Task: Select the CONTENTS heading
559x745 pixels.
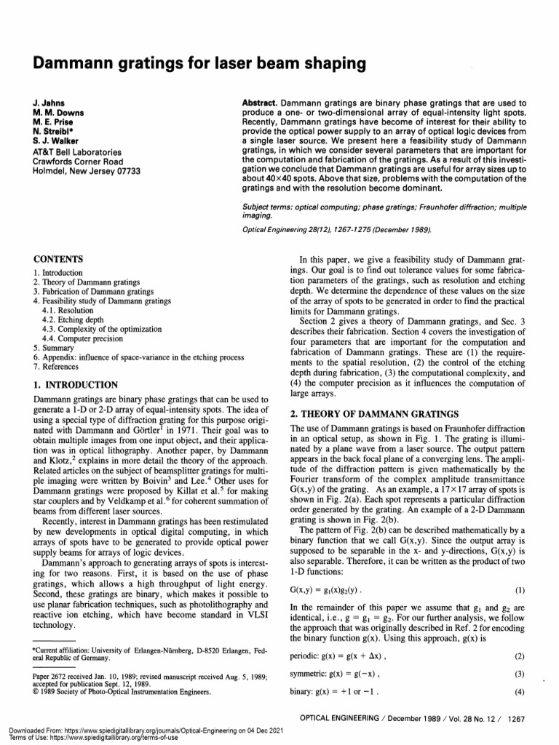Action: point(59,259)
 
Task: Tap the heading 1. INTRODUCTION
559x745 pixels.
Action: point(76,384)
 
